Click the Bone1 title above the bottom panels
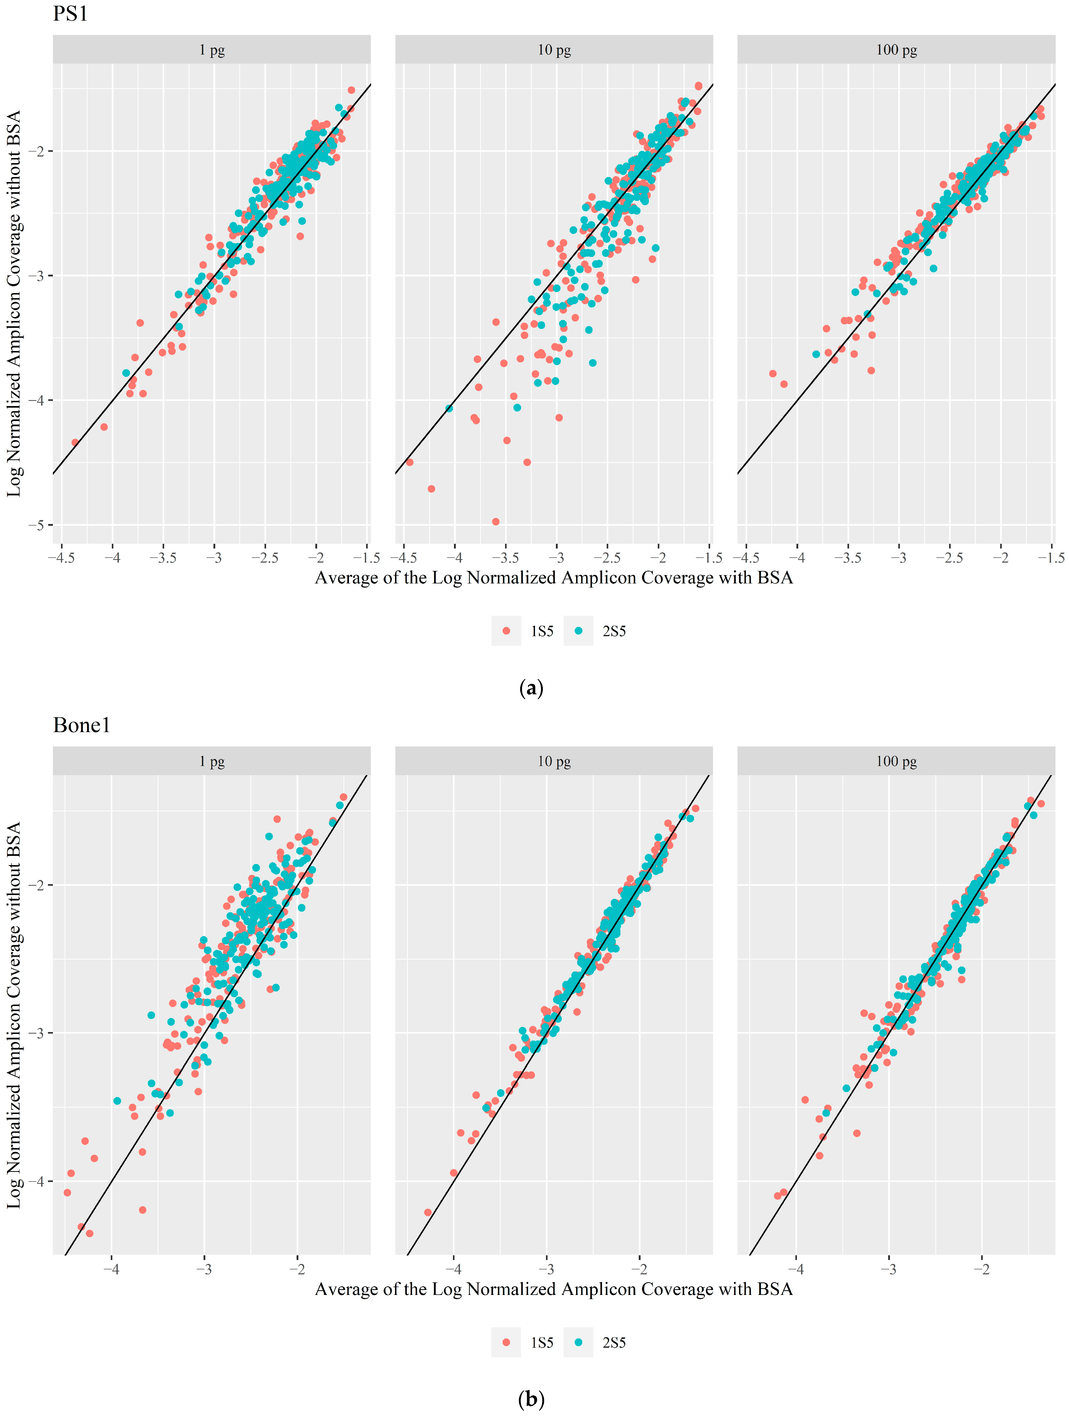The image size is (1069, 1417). [x=81, y=725]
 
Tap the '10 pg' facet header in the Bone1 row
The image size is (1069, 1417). [x=554, y=762]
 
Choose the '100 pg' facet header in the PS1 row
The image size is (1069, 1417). [x=896, y=50]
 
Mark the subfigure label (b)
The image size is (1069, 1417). [x=531, y=1400]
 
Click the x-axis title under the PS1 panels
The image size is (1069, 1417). [x=554, y=578]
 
